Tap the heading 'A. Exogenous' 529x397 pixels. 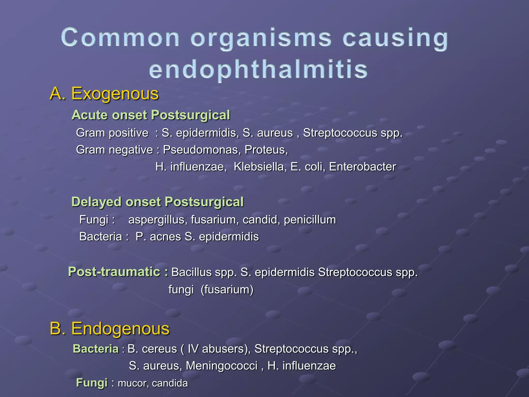(104, 94)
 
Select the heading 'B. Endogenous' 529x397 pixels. (110, 329)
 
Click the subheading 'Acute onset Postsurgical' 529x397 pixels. (151, 115)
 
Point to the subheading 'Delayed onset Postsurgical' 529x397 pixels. (157, 202)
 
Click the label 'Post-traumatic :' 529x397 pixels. (118, 272)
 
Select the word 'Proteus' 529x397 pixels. (266, 150)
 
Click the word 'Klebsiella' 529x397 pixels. (260, 167)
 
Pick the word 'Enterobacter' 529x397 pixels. (362, 167)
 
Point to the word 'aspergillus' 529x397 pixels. (158, 220)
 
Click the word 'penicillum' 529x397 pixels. (310, 220)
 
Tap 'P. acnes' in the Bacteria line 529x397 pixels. (158, 237)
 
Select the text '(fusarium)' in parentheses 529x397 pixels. (227, 289)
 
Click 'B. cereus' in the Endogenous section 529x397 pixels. (152, 349)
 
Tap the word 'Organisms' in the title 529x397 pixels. (261, 38)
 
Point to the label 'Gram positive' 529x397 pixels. (112, 133)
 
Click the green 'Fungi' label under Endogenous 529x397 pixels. (92, 383)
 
